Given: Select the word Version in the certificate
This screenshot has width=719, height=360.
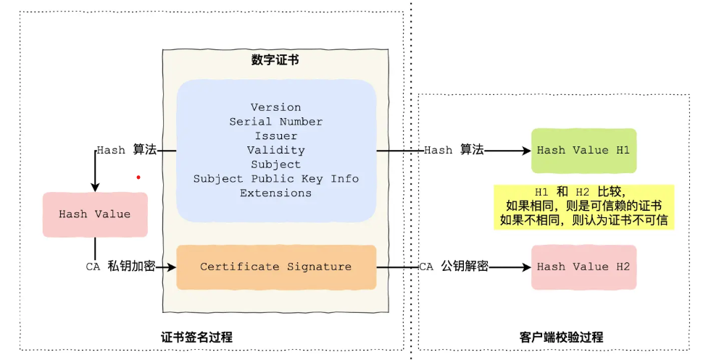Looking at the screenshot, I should click(275, 107).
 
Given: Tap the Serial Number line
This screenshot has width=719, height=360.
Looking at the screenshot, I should click(275, 122).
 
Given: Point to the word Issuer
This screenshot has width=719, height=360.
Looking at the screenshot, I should click(275, 136).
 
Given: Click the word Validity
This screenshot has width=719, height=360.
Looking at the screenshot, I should click(275, 151).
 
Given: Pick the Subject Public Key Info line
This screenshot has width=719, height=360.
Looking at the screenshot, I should click(275, 179).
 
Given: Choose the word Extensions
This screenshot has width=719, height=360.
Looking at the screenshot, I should click(275, 193).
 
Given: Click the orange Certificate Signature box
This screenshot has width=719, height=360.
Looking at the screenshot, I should click(276, 267).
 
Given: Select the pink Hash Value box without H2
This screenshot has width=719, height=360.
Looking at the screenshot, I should click(95, 214).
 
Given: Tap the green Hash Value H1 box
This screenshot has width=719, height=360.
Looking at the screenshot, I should click(583, 151).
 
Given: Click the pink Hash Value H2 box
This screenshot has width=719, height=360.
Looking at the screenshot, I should click(583, 267).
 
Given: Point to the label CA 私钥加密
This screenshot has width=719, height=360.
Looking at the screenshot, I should click(120, 267).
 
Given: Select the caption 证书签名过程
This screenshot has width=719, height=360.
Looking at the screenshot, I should click(196, 338).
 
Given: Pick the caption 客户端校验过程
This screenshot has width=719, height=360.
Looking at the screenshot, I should click(562, 338).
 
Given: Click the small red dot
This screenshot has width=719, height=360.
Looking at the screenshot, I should click(138, 177).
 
